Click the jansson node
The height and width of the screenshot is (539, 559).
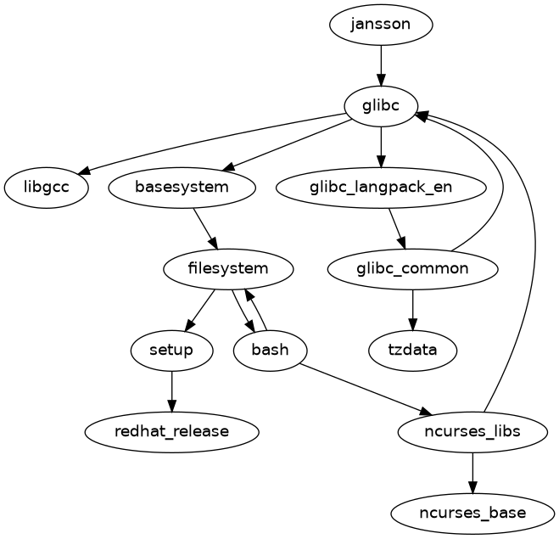pyautogui.click(x=381, y=24)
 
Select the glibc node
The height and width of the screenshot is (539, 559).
pyautogui.click(x=381, y=105)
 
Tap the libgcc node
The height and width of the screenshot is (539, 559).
pyautogui.click(x=47, y=187)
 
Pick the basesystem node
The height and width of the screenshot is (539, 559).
pyautogui.click(x=182, y=187)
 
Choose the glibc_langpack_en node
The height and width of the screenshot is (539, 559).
pyautogui.click(x=381, y=187)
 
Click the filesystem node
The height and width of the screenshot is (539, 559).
pyautogui.click(x=228, y=269)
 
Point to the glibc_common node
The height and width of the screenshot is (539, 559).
pyautogui.click(x=412, y=269)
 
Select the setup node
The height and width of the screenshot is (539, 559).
pyautogui.click(x=172, y=350)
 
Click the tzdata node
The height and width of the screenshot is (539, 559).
pyautogui.click(x=412, y=350)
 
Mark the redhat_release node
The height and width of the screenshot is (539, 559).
pyautogui.click(x=172, y=431)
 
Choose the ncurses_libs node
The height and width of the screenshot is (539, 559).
pyautogui.click(x=472, y=431)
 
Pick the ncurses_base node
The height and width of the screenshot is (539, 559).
pyautogui.click(x=472, y=513)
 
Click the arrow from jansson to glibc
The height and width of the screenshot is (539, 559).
pyautogui.click(x=381, y=65)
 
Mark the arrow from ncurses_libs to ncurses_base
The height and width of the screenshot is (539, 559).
pyautogui.click(x=472, y=472)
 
